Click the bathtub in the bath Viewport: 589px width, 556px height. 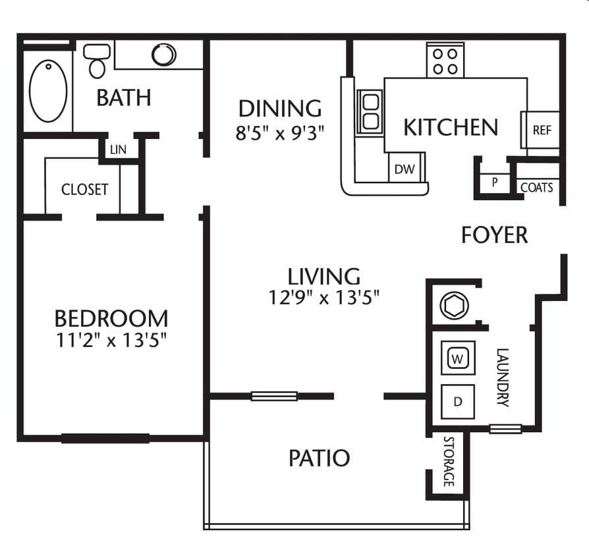coord(48,91)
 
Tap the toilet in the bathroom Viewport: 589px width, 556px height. coord(98,61)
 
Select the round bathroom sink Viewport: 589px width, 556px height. coord(163,54)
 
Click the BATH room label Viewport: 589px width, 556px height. coord(124,97)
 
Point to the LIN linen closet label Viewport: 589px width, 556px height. coord(119,150)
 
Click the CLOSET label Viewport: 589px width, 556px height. coord(84,190)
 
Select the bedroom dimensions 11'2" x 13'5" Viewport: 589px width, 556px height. coord(111,341)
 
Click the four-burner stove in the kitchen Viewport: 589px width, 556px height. coord(445,61)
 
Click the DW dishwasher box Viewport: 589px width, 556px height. coord(405,169)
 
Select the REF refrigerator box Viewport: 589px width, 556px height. coord(542,130)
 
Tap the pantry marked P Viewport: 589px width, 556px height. coord(494,182)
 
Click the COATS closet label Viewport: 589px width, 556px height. coord(536,188)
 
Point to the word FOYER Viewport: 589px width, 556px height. coord(494,235)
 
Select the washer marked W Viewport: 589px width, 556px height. coord(457,359)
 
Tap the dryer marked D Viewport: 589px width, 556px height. coord(457,401)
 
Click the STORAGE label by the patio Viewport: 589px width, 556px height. coord(449,461)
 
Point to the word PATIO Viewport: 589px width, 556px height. coord(319,457)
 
